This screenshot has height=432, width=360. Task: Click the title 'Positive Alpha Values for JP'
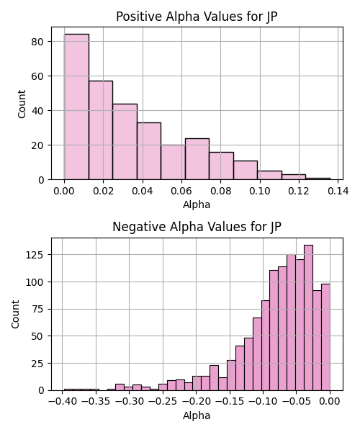coord(197,17)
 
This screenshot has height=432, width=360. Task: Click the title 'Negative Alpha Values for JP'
coord(197,227)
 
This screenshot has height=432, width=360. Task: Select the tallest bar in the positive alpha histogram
coord(76,107)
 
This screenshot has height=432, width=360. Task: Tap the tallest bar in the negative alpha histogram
coord(308,318)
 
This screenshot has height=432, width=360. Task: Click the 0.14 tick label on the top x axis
coord(338,191)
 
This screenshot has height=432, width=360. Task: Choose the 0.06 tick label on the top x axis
coord(181,191)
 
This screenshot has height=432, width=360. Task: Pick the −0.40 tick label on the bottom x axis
coord(63,402)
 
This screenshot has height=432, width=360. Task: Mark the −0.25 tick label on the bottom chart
coord(163,402)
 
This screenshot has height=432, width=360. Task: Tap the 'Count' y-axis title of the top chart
coord(22,104)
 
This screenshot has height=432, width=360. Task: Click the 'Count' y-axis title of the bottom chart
coord(15,315)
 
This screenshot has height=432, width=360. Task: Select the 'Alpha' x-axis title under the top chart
coord(197,204)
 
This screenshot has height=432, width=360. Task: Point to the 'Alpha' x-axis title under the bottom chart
coord(197,415)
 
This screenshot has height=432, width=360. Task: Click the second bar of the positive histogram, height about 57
coord(101,130)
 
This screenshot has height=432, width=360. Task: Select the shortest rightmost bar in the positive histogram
coord(318,179)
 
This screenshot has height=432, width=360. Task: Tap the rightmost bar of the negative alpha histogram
coord(325,337)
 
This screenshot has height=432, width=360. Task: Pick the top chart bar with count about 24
coord(197,159)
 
